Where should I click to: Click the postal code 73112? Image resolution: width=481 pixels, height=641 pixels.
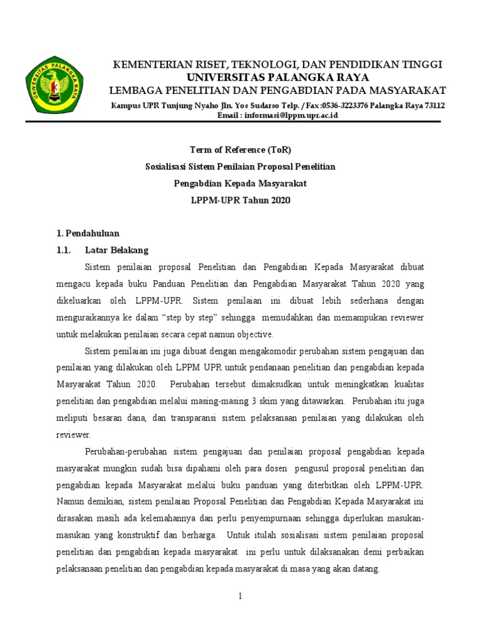tap(433, 106)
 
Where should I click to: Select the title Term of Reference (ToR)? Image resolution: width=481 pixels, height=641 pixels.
tap(240, 150)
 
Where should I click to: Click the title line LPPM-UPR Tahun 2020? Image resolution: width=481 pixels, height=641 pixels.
tap(240, 200)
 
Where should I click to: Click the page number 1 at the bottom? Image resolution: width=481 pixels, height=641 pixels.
tap(240, 597)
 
